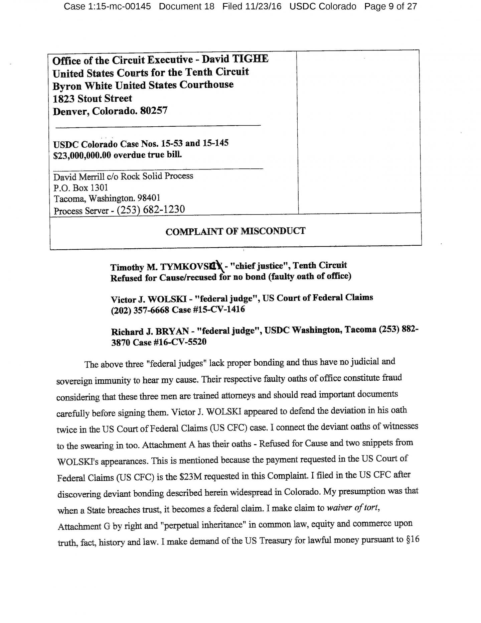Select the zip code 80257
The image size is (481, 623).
[x=154, y=111]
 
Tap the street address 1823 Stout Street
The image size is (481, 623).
[x=92, y=99]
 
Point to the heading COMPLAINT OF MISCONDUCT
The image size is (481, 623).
[x=235, y=231]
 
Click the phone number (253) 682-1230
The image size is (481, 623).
[x=151, y=210]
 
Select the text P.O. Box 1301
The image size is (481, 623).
[x=81, y=188]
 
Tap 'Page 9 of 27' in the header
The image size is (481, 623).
[x=390, y=6]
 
